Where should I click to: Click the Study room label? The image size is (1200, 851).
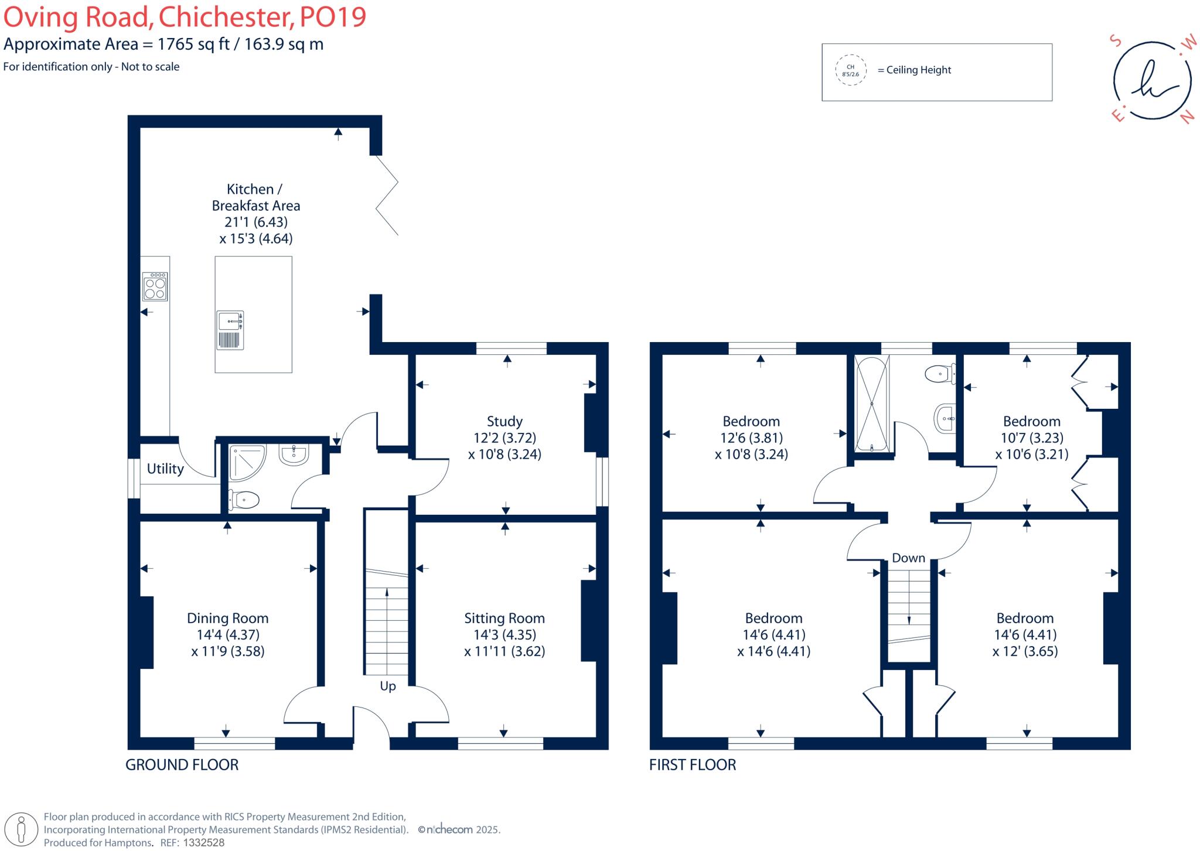point(504,421)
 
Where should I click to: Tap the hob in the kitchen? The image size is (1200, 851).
point(155,287)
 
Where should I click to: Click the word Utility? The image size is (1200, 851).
point(165,469)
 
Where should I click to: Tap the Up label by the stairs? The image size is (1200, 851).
point(388,686)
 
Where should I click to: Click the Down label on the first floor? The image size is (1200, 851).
point(908,558)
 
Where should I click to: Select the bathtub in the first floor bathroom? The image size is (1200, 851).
point(872,404)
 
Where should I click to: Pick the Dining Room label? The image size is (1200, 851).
point(227,618)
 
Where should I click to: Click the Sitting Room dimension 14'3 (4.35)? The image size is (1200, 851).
point(504,635)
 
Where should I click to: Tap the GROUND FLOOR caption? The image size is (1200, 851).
point(182,765)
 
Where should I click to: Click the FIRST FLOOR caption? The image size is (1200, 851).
point(693,765)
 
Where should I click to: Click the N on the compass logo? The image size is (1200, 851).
point(1187,117)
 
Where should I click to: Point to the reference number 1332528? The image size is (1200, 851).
point(204,843)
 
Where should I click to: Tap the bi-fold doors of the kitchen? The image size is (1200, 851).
point(387,195)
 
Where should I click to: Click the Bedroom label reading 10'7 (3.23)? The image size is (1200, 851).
point(1031,438)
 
